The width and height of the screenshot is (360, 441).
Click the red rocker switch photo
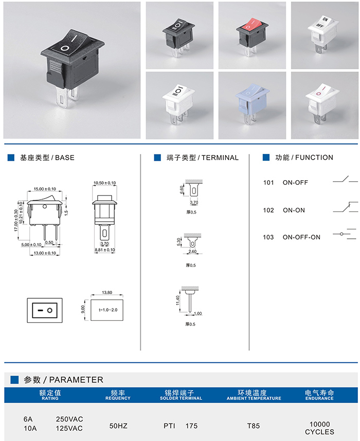(x=251, y=34)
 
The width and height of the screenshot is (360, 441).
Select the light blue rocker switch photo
(x=251, y=105)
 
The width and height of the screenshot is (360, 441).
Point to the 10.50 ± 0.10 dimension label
(x=104, y=183)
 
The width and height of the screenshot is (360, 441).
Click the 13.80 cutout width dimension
(x=107, y=293)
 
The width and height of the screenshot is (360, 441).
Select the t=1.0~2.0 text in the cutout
(x=107, y=310)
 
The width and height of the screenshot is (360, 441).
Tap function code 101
(x=268, y=183)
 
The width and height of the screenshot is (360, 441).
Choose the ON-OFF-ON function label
(x=301, y=237)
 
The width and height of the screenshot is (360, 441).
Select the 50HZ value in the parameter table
(x=119, y=425)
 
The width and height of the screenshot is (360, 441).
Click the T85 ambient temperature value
(x=254, y=425)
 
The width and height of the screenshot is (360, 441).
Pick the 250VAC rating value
(x=69, y=418)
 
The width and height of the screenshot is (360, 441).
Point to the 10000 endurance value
(x=319, y=424)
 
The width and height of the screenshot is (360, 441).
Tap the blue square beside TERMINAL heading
(x=157, y=158)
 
